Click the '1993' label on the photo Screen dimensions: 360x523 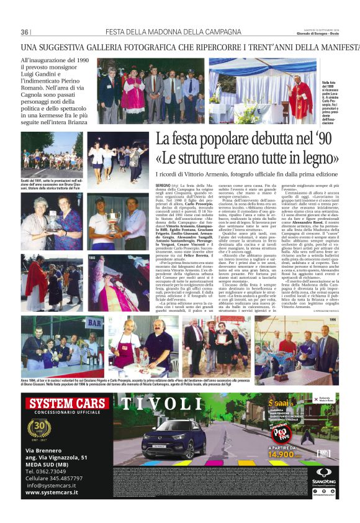pos(91,257)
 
